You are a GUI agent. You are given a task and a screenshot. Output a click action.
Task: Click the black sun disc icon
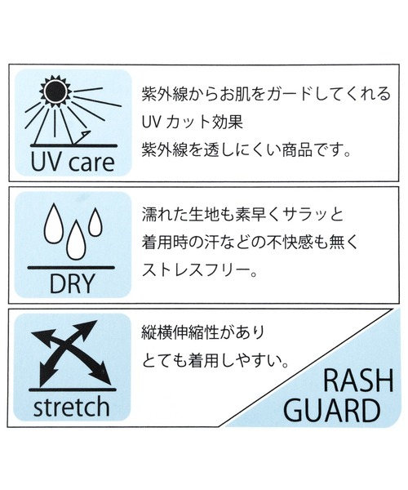pyautogui.click(x=55, y=91)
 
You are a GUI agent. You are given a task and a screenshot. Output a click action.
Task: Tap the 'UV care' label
pyautogui.click(x=73, y=163)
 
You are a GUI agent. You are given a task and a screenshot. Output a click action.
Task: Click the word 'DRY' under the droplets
pyautogui.click(x=72, y=283)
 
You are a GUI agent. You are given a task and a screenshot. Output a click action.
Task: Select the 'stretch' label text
pyautogui.click(x=72, y=407)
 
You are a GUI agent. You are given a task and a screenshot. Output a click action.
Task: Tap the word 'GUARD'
pyautogui.click(x=332, y=411)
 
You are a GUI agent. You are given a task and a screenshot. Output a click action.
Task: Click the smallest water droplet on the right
pyautogui.click(x=95, y=221)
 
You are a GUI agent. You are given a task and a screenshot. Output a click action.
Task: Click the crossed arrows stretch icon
pyautogui.click(x=71, y=353)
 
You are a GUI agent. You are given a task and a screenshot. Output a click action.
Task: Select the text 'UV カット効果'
pyautogui.click(x=193, y=122)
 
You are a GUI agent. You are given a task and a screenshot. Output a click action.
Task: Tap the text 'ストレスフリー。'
pyautogui.click(x=199, y=270)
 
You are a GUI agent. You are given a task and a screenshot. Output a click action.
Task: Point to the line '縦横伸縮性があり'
pyautogui.click(x=203, y=333)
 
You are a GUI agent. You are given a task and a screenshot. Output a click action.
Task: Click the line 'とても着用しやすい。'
pyautogui.click(x=215, y=362)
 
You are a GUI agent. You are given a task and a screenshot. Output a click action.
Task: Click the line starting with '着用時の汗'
pyautogui.click(x=250, y=243)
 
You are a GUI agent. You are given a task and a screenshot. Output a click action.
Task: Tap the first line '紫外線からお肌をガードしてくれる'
pyautogui.click(x=266, y=94)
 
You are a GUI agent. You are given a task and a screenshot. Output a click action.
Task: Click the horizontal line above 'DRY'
pyautogui.click(x=71, y=268)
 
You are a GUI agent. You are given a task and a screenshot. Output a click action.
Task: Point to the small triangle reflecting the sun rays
pyautogui.click(x=84, y=136)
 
